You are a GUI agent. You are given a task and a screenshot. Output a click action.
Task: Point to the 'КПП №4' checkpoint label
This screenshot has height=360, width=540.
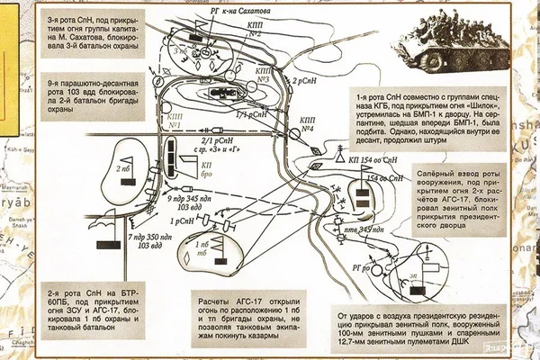[x=307, y=123]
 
